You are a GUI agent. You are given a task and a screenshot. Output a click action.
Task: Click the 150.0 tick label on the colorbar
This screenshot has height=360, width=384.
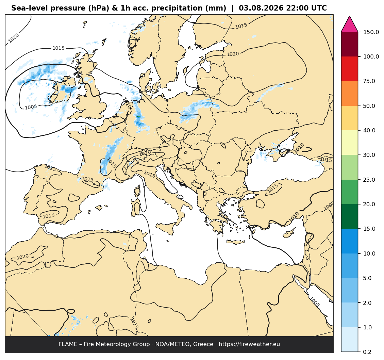[371, 32]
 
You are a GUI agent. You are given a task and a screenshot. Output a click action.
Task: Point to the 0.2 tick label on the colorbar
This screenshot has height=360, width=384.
[367, 352]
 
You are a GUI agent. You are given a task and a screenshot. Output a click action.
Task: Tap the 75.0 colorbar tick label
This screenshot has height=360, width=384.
[369, 81]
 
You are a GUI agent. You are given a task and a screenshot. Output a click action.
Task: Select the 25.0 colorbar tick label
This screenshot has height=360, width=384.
[369, 180]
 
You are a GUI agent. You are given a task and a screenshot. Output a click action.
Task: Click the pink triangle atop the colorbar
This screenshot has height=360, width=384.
[349, 24]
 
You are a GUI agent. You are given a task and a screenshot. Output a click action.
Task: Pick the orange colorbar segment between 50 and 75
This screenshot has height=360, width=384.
[349, 93]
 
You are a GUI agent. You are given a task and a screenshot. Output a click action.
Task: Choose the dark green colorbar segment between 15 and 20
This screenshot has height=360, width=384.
[349, 217]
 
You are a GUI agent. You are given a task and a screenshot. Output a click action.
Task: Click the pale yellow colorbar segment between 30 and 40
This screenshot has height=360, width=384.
[349, 143]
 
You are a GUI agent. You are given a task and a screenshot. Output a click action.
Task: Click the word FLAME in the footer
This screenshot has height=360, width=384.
[68, 344]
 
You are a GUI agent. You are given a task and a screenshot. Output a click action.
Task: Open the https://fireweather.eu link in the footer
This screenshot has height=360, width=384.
[249, 344]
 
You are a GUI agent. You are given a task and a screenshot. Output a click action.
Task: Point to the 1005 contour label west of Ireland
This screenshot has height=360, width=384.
[31, 107]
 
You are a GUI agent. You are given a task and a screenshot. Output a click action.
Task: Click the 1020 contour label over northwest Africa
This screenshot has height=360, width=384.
[22, 257]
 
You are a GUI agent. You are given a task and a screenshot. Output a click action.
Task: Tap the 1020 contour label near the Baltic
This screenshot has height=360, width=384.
[233, 54]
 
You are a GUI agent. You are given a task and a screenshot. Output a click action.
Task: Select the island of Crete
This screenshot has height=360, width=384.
[235, 242]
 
